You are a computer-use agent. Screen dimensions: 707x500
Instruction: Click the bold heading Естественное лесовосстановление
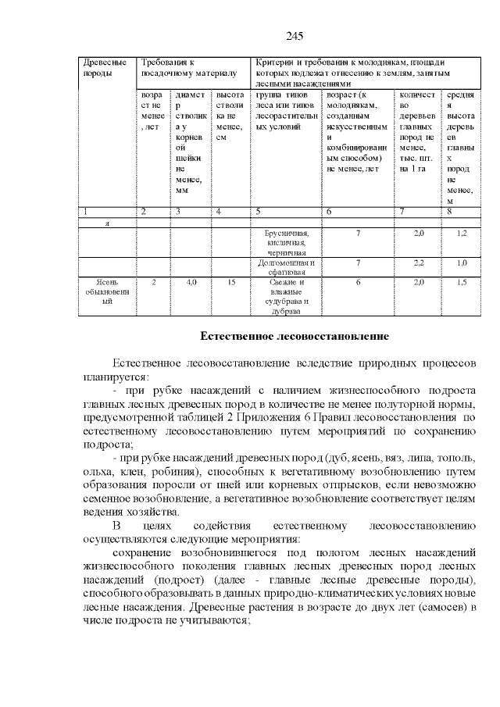click(294, 337)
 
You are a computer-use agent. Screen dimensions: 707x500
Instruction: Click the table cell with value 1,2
click(462, 234)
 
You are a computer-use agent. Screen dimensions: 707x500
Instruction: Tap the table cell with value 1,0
click(462, 263)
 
